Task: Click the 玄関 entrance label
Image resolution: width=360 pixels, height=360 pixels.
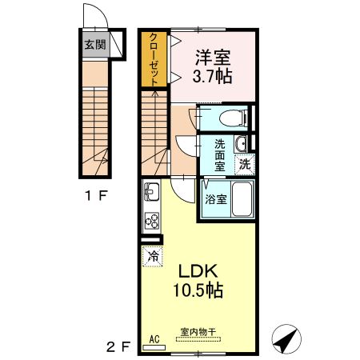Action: pos(94,45)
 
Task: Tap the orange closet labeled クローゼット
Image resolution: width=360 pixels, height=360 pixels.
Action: pos(154,59)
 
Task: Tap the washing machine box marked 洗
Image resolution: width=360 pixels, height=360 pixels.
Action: pos(244,164)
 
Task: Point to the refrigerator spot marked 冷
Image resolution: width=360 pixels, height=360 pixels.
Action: pos(151,256)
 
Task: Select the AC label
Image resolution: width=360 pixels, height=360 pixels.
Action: pos(155,338)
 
